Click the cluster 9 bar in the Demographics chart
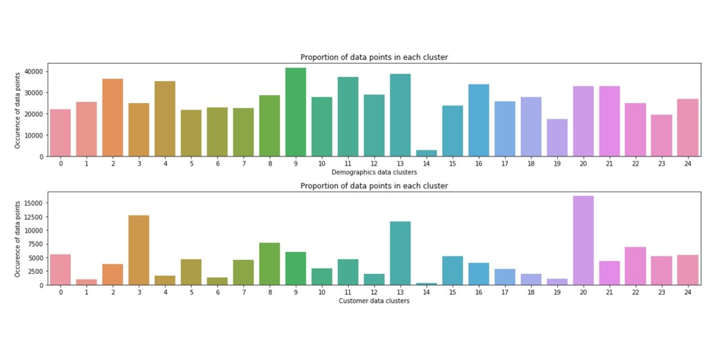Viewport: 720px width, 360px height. [x=295, y=112]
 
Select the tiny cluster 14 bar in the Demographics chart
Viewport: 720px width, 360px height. [x=426, y=153]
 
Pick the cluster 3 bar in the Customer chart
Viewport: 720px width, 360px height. [x=139, y=250]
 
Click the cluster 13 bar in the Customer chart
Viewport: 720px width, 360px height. [x=400, y=253]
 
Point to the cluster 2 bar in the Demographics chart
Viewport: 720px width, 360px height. [x=112, y=118]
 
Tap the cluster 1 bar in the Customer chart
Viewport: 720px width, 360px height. [x=87, y=282]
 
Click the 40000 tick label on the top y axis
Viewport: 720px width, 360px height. [x=34, y=71]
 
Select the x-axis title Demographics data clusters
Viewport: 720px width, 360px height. [x=374, y=172]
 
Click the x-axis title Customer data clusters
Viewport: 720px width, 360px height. [x=374, y=301]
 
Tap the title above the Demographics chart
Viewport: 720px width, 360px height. [x=374, y=57]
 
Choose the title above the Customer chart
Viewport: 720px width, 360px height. [x=374, y=186]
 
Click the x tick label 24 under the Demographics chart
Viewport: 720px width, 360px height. [x=687, y=164]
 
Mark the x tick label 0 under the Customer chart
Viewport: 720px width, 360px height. [x=61, y=292]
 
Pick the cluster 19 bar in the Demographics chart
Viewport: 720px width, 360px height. [x=557, y=138]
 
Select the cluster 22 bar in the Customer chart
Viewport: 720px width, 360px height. [x=635, y=266]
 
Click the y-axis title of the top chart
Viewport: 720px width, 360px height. [x=17, y=110]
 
